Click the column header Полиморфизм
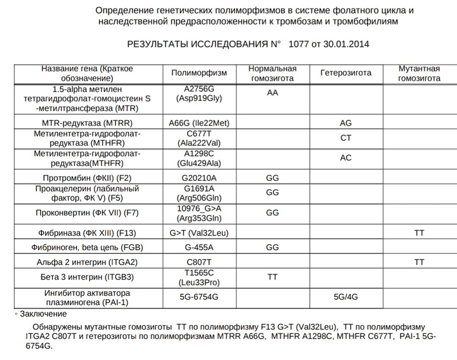pos(199,73)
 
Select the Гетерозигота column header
pos(345,73)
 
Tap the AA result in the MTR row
pos(272,93)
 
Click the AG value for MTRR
pos(345,123)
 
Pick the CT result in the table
pos(345,138)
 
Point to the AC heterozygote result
pos(345,158)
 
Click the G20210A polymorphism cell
pos(199,177)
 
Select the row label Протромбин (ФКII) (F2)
pos(87,177)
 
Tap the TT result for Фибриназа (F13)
pos(419,233)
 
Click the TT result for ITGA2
pos(419,262)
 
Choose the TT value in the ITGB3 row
pos(272,276)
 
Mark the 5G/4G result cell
pos(345,297)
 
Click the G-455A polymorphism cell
pos(199,247)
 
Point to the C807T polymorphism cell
pos(199,262)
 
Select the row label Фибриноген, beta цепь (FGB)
pos(87,247)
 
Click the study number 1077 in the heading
pos(299,44)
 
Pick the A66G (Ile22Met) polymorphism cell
pos(199,123)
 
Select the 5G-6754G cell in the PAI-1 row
pos(199,297)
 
